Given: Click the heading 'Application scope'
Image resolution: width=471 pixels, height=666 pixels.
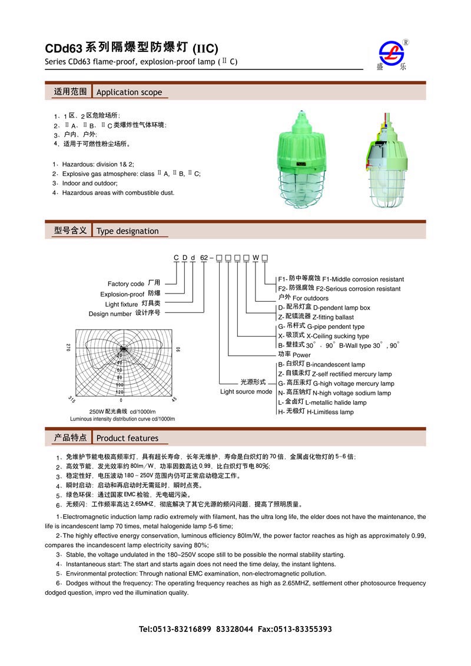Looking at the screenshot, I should point(128,92).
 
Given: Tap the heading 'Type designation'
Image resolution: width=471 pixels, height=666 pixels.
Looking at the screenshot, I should point(127,231).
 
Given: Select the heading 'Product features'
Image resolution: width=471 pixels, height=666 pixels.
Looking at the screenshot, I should point(127,438).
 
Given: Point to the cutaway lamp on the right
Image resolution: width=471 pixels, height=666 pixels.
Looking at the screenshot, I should point(387,161).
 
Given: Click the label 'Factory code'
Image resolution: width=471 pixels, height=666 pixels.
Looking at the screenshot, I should point(126,284).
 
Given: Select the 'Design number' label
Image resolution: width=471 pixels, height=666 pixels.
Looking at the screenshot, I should point(110,314).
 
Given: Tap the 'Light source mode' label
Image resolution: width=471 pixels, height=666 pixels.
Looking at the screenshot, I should point(246,392).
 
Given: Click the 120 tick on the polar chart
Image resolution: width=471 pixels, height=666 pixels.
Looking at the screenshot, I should point(120,391).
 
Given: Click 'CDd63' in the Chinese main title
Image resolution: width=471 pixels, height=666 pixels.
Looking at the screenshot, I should point(63,49).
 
